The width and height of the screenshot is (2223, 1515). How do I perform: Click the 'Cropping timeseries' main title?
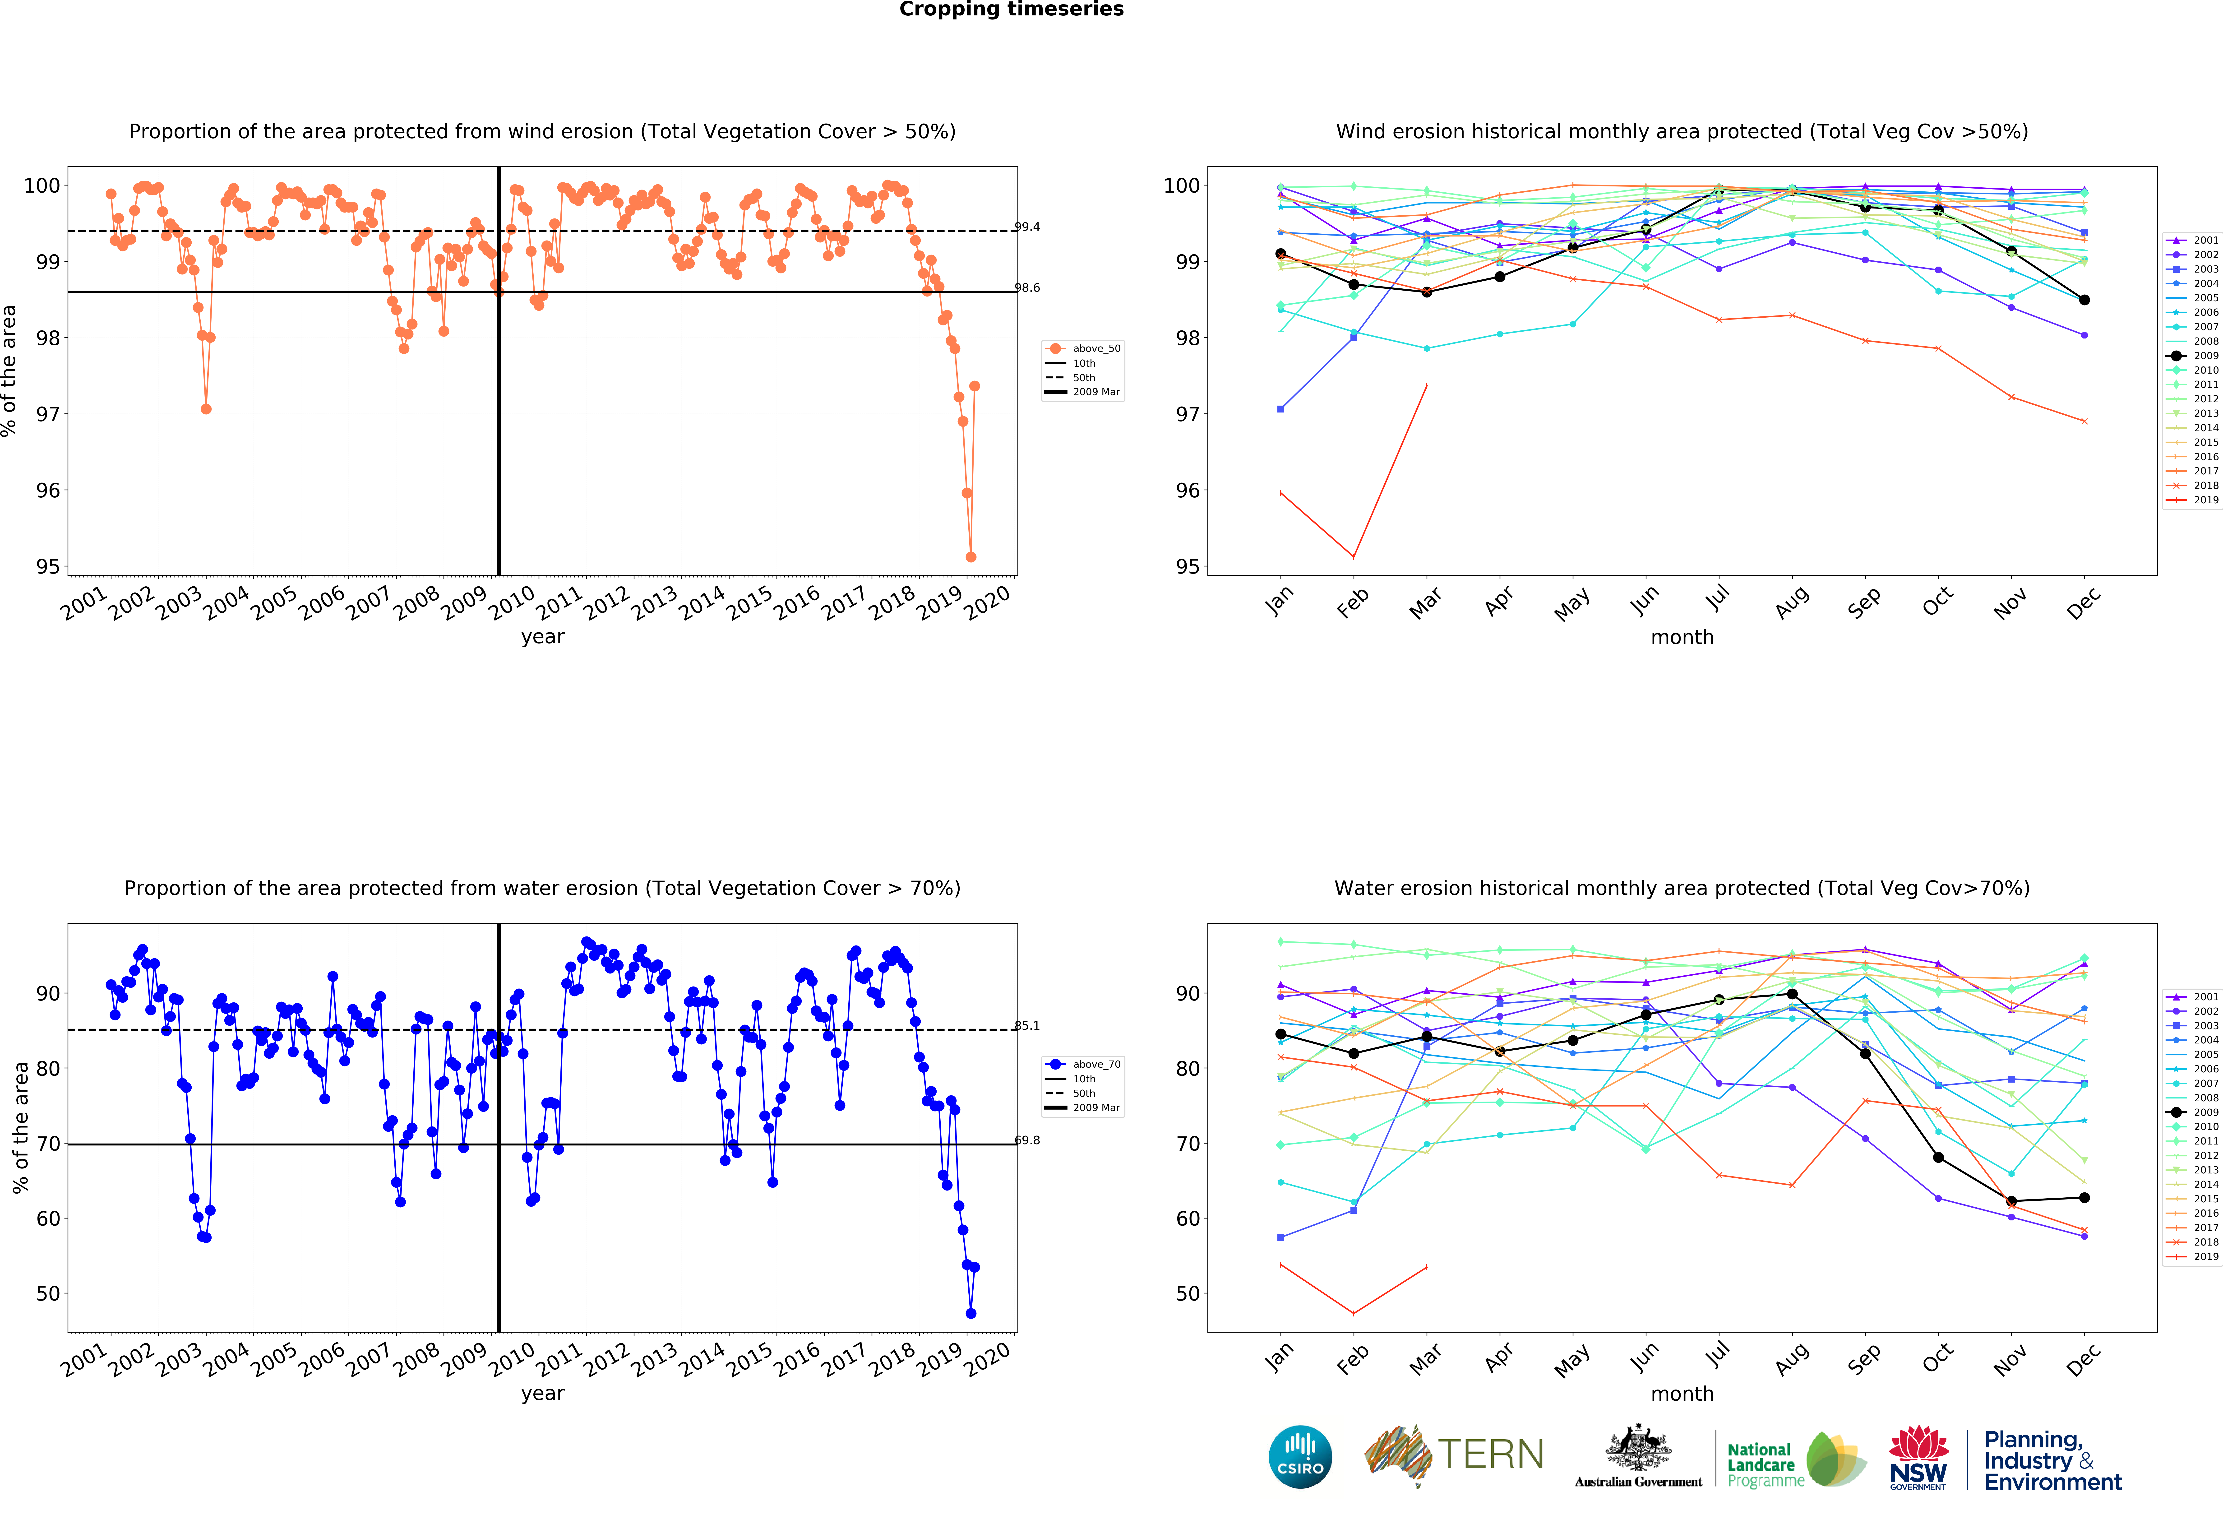tap(1011, 9)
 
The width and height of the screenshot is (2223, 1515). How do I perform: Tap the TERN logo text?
tap(1490, 1455)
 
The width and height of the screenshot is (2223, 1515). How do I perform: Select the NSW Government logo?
tap(1918, 1458)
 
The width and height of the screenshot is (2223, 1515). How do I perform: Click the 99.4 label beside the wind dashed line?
tap(1027, 227)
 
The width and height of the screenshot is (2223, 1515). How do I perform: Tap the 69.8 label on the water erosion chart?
tap(1027, 1140)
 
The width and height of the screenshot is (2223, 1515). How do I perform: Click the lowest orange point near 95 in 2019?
tap(971, 557)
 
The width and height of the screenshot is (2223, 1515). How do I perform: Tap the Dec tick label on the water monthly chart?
tap(2083, 1359)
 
